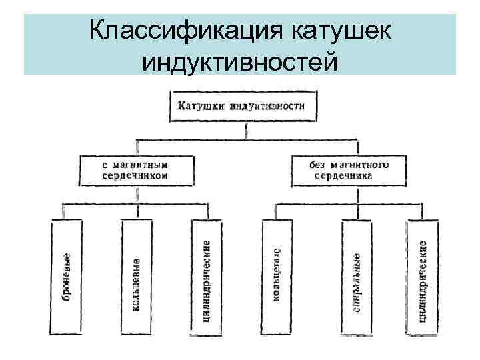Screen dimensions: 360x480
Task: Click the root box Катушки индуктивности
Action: click(242, 105)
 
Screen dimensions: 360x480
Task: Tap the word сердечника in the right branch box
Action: click(345, 175)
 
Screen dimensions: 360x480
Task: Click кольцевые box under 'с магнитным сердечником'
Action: click(136, 277)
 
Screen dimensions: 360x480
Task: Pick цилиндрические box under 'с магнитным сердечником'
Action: click(206, 277)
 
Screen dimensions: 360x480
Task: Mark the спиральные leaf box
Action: click(357, 277)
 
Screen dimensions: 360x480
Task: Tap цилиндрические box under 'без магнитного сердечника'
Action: click(423, 277)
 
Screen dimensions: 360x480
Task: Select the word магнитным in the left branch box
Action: click(145, 164)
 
